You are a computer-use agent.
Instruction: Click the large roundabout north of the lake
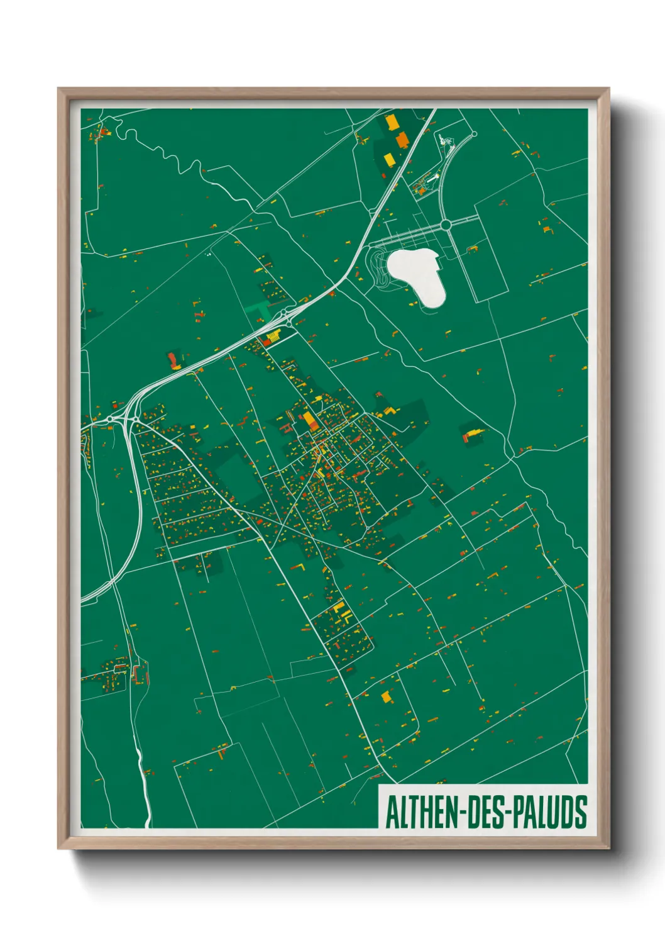(x=446, y=225)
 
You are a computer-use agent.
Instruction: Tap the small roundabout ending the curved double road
(x=473, y=134)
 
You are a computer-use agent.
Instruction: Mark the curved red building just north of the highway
(x=172, y=360)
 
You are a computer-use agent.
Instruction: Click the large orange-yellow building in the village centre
(x=310, y=421)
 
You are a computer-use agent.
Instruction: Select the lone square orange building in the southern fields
(x=386, y=696)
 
